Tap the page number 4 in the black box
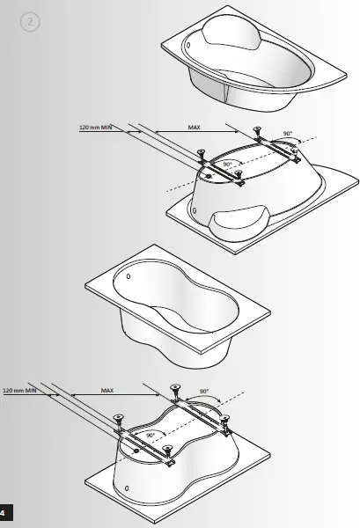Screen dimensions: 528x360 tap(4, 511)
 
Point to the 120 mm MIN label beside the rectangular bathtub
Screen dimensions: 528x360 tap(19, 389)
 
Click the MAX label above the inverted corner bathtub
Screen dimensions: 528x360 tap(194, 128)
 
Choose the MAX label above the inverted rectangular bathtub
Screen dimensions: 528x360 tap(107, 389)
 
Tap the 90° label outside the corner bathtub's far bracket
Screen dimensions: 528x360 tap(287, 134)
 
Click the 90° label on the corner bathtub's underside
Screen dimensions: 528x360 tap(226, 165)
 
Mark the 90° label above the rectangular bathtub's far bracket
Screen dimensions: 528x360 tap(205, 389)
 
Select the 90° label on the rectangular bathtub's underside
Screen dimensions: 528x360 tap(151, 435)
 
